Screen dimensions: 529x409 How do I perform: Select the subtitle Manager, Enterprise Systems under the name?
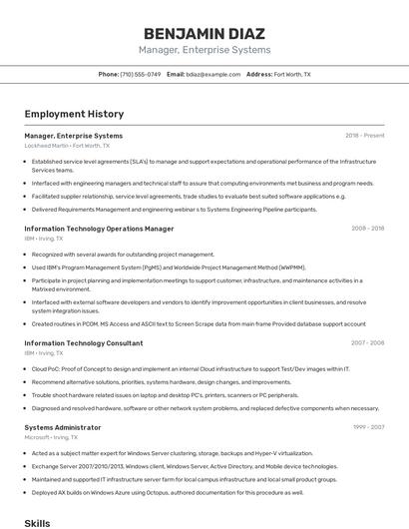204,50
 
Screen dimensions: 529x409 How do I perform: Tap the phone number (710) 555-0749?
140,74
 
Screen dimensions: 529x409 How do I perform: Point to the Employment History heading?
74,114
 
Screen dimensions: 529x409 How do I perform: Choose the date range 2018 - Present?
365,135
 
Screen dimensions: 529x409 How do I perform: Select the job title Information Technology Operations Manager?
92,228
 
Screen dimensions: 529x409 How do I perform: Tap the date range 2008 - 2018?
367,228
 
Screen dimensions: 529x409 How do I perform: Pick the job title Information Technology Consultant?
83,342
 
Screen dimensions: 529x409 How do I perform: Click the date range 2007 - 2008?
367,342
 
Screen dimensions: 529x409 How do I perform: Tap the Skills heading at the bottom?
37,522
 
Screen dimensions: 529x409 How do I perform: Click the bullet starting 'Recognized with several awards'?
123,254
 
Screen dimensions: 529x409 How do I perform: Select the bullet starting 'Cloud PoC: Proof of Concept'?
190,368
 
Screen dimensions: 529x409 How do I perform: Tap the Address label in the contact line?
258,74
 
